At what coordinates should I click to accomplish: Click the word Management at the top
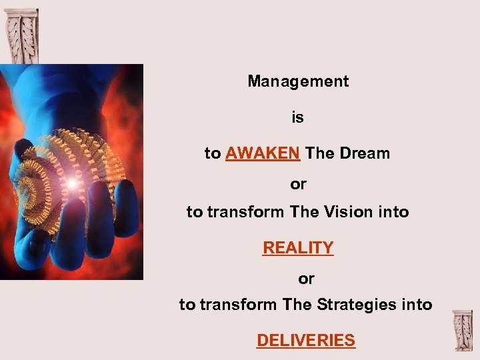(298, 81)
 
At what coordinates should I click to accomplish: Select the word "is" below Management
(297, 118)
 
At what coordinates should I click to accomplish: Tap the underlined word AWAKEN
(262, 153)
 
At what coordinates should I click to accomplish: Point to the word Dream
(365, 153)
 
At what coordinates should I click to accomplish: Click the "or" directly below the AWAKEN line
(298, 184)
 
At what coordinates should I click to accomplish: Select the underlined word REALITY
(298, 248)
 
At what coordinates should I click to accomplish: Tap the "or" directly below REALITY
(306, 278)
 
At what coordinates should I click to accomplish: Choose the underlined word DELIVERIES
(306, 341)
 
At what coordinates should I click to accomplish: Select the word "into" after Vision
(393, 213)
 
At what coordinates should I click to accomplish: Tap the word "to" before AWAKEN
(213, 153)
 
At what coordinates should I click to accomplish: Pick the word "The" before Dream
(320, 153)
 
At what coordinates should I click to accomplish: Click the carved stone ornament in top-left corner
(21, 35)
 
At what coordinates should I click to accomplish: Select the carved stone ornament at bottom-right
(461, 331)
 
